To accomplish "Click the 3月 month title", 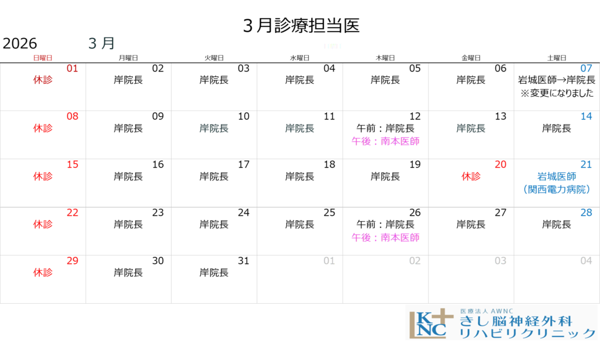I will point(101,43).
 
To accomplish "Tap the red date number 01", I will point(72,69).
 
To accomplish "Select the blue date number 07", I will point(586,69).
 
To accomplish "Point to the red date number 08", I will point(72,117).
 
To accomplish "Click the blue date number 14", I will point(586,117).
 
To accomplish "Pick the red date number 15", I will point(72,165).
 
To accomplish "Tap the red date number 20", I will point(500,165).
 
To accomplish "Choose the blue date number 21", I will point(586,165).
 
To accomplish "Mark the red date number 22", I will point(72,213).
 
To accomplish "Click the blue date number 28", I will point(586,213).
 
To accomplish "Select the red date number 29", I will point(72,261).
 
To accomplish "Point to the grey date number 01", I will point(329,261).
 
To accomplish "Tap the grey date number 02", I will point(415,261).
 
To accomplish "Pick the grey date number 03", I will point(500,261).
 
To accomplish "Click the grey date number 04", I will point(586,261).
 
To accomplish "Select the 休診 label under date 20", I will point(471,176).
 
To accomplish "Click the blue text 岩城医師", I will point(557,176).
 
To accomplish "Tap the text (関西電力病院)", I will point(557,189).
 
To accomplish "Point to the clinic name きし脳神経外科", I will point(515,321).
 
